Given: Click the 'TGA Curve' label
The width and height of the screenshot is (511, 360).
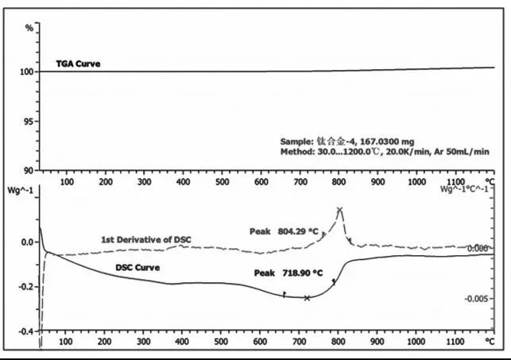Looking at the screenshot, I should [78, 62].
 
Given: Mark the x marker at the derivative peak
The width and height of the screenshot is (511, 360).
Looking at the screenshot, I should [339, 211].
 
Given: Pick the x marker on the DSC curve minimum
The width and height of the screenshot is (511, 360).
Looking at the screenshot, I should [307, 298].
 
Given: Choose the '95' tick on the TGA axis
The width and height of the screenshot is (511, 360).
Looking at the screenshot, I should [31, 121].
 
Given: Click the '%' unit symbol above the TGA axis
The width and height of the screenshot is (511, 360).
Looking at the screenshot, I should [29, 28].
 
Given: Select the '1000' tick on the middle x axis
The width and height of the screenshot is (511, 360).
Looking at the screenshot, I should [416, 181].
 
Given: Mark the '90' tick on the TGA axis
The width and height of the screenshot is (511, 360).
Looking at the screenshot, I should [31, 170].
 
